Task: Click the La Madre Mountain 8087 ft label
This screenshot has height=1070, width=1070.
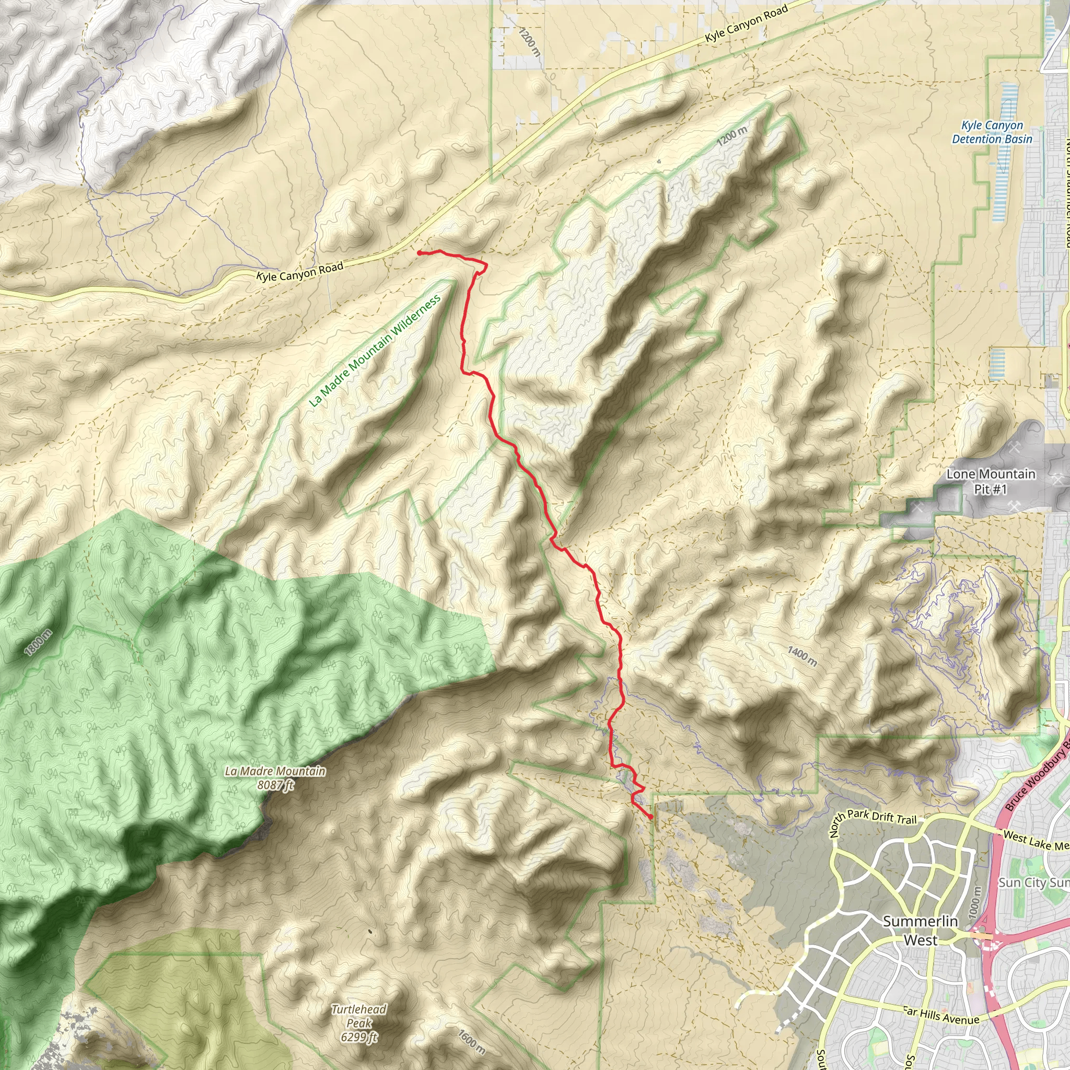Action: (275, 777)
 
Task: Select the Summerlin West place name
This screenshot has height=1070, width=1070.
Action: (920, 931)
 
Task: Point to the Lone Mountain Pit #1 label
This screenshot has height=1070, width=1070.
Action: (990, 481)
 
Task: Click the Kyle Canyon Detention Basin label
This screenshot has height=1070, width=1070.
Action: (992, 132)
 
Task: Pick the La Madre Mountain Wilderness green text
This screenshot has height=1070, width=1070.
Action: (375, 351)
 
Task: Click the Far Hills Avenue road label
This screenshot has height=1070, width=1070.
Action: (941, 1016)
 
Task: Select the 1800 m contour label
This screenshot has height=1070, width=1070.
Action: (38, 643)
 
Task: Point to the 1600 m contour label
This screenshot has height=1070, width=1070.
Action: (471, 1041)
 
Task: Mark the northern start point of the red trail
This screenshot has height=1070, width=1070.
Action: (419, 252)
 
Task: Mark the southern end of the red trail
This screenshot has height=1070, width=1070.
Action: (650, 817)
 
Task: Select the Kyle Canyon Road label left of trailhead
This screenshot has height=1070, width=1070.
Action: (299, 271)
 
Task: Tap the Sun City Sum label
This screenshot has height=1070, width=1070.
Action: (1033, 883)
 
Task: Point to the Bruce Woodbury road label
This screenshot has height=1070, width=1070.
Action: (1036, 778)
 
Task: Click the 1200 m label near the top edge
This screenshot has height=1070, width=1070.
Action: (529, 42)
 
